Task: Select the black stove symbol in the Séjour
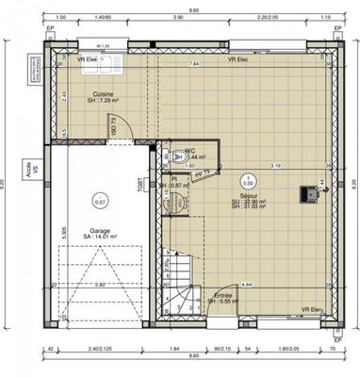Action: click(x=307, y=194)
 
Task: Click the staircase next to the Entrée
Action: click(x=179, y=281)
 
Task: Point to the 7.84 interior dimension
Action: click(x=194, y=64)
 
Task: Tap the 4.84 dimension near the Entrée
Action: click(x=246, y=284)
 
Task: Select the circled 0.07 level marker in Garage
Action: click(x=100, y=201)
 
